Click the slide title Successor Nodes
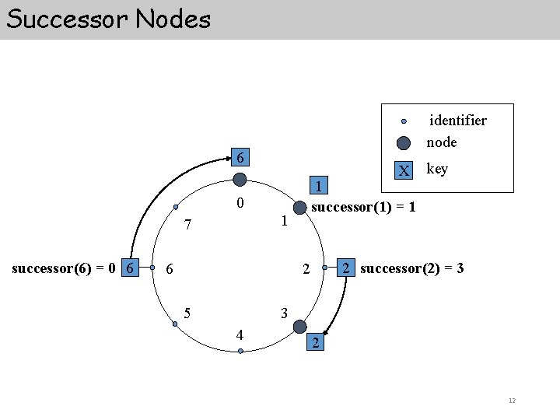point(108,19)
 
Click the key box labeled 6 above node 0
point(240,158)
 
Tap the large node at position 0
point(240,180)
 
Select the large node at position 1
point(299,207)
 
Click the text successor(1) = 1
point(362,207)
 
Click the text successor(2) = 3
point(412,269)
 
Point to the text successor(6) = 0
point(65,268)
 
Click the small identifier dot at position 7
point(175,207)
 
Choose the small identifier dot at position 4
point(240,352)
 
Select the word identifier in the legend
point(459,121)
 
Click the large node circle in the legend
point(404,143)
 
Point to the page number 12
point(511,401)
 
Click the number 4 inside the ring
point(240,335)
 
